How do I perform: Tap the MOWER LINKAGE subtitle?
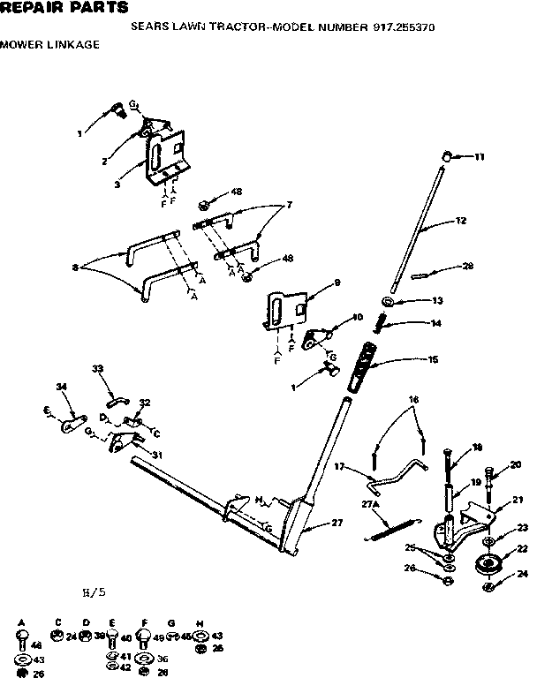point(49,43)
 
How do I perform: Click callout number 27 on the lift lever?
point(337,524)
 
